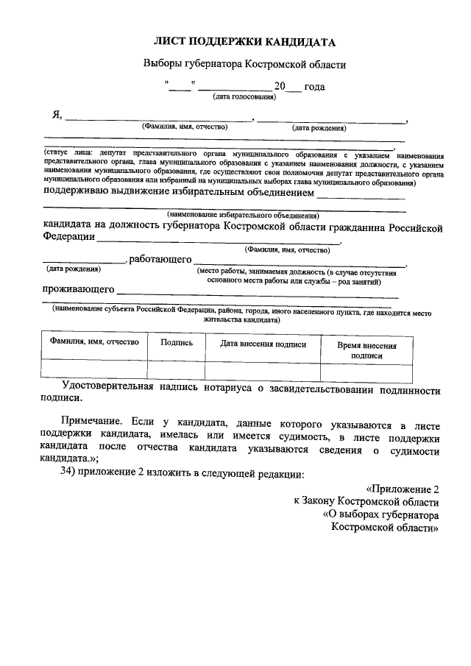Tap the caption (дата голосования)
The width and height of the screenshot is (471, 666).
(244, 96)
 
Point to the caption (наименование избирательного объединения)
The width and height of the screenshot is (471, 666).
(242, 215)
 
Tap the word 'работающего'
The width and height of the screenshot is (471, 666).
(160, 260)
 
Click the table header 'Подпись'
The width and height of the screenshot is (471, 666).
(177, 342)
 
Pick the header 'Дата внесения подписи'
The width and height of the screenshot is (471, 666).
(263, 343)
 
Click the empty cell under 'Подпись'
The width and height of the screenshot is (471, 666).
(177, 369)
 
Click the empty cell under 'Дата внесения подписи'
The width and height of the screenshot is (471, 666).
(263, 369)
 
